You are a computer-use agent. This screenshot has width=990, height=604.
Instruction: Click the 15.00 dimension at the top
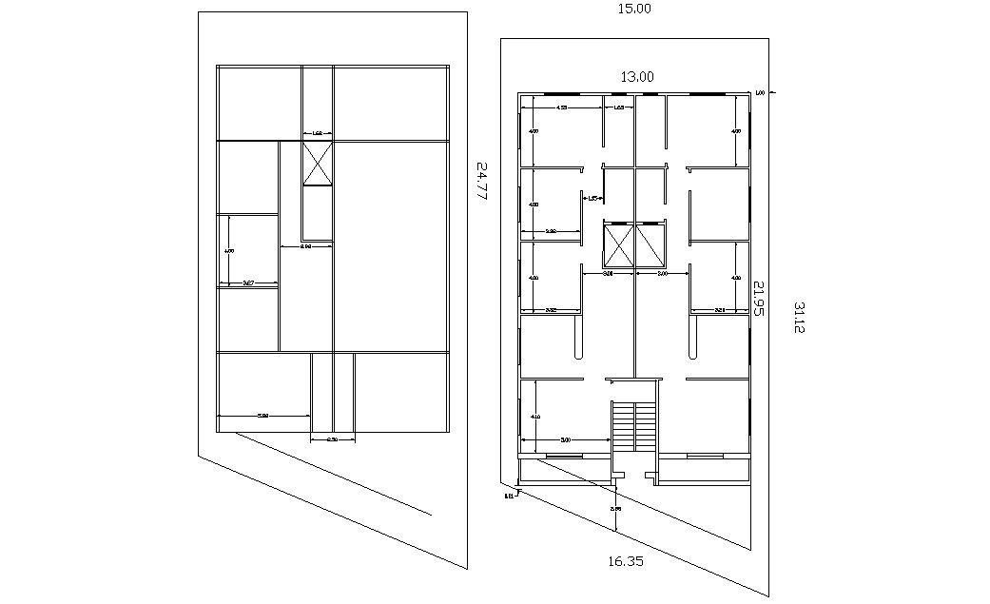pos(634,9)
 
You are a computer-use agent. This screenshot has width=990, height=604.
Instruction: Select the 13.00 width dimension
pos(634,77)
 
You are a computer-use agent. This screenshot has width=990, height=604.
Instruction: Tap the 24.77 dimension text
pos(481,180)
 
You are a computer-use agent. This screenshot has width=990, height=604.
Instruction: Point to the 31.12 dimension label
pos(799,318)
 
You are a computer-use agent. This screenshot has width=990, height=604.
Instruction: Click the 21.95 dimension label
pos(759,298)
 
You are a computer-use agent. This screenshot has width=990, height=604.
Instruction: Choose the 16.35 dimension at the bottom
pos(625,561)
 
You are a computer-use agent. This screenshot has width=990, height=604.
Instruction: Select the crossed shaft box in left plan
pos(318,164)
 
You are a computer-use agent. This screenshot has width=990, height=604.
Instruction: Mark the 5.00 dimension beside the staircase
pos(565,439)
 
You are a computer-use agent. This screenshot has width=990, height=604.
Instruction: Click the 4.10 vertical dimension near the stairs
pos(535,417)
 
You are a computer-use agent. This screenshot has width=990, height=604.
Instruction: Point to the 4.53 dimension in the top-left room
pos(562,108)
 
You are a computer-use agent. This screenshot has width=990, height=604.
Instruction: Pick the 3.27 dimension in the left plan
pos(248,283)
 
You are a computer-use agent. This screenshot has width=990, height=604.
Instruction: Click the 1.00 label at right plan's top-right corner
pos(760,92)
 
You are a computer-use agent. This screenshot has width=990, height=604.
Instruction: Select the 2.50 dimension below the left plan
pos(333,439)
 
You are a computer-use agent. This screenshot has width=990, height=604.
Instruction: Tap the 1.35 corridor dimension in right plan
pos(592,198)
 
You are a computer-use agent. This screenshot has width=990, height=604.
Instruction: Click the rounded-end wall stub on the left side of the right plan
pos(578,338)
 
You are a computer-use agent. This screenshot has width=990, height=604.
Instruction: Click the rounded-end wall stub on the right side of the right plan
pos(692,338)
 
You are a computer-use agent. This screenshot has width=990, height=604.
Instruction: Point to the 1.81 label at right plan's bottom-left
pos(510,495)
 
